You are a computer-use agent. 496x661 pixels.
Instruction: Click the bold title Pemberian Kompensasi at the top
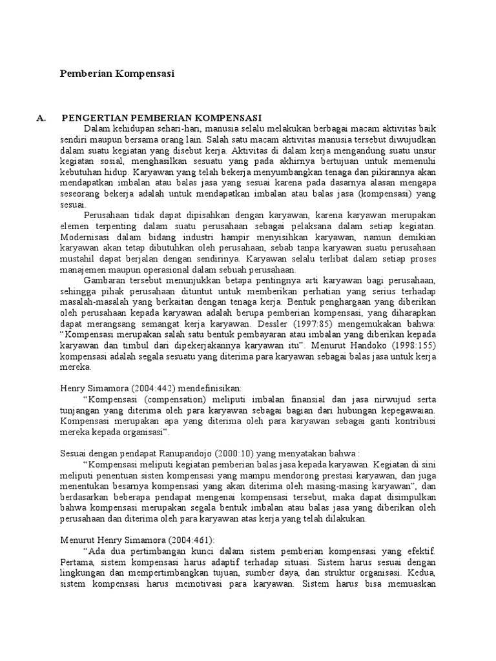(117, 74)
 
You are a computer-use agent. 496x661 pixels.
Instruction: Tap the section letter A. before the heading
(43, 117)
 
